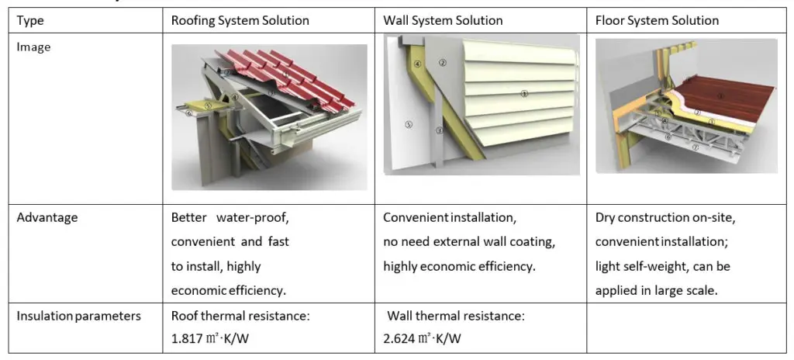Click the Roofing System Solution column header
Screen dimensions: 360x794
[240, 20]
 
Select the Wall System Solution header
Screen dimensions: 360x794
[443, 20]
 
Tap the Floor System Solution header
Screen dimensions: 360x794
[657, 20]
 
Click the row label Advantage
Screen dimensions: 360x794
[47, 217]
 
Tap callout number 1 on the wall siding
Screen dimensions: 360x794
[525, 93]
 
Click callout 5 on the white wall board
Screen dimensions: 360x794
[409, 123]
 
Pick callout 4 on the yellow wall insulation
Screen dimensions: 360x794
[416, 65]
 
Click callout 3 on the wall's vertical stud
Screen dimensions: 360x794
[439, 130]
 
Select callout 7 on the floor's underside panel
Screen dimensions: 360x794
[696, 146]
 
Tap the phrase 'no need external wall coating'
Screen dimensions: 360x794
[468, 241]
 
